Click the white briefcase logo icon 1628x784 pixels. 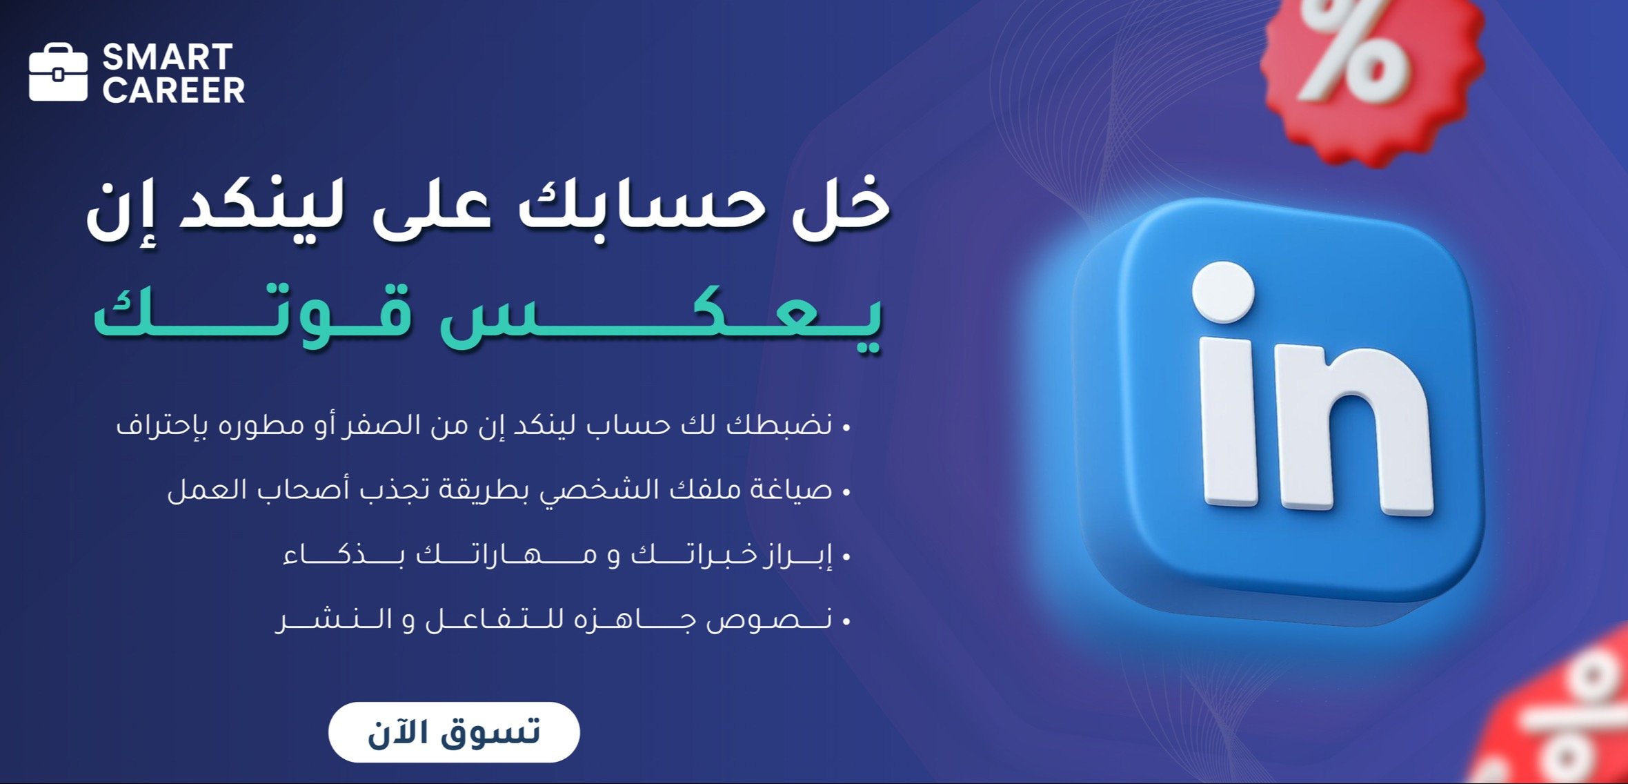click(x=59, y=72)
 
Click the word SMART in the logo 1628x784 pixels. click(x=168, y=57)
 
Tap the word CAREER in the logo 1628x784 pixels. click(x=174, y=90)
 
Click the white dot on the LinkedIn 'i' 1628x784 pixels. click(x=1223, y=292)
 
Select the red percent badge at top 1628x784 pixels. click(x=1373, y=76)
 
